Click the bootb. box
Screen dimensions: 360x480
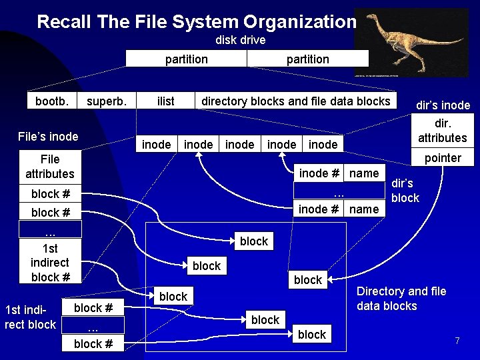pos(51,101)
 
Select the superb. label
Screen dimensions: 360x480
pos(107,101)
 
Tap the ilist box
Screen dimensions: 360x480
pos(165,101)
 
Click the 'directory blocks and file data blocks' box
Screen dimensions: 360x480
pos(295,101)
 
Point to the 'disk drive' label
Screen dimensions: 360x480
pos(240,40)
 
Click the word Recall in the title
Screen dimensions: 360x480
pos(65,21)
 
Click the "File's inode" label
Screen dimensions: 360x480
pos(47,137)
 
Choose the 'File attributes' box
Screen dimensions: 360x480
pos(50,167)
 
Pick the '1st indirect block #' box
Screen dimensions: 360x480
pos(50,263)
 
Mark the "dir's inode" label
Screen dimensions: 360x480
pos(443,105)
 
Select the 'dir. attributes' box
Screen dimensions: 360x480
pos(443,131)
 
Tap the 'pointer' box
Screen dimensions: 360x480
pos(443,158)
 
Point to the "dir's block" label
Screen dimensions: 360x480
pos(405,191)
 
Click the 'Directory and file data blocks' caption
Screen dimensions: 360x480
pos(401,299)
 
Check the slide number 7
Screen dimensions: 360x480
pos(457,341)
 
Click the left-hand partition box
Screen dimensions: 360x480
pos(186,59)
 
